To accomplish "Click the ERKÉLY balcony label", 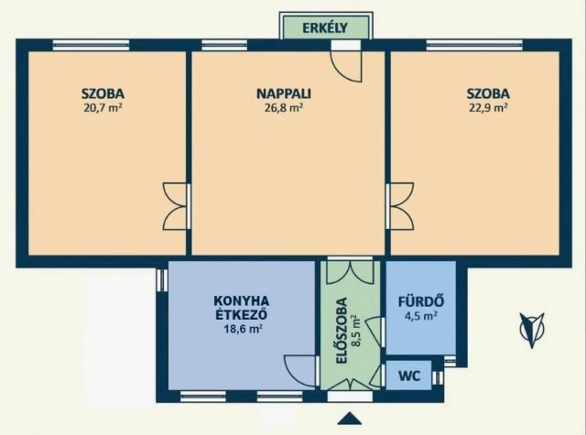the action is tap(325, 27).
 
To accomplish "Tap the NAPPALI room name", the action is tap(284, 93).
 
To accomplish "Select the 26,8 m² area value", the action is tap(284, 108).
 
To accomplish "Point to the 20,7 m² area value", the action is tap(103, 108).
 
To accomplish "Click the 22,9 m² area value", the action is tap(488, 108).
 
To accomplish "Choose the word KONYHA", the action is tap(242, 300).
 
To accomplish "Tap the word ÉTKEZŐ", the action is tap(242, 314).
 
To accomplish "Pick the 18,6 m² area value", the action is tap(242, 330).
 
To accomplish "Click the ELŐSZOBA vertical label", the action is tap(342, 331).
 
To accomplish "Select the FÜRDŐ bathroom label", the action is tap(421, 301).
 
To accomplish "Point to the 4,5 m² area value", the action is tap(421, 316).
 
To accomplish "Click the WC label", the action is tap(409, 375).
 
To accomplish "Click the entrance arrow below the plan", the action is tap(350, 419).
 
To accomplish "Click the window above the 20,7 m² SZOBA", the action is tap(92, 45).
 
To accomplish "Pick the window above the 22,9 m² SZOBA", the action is tap(475, 45).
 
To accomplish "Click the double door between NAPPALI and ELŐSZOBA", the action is tap(350, 271).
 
